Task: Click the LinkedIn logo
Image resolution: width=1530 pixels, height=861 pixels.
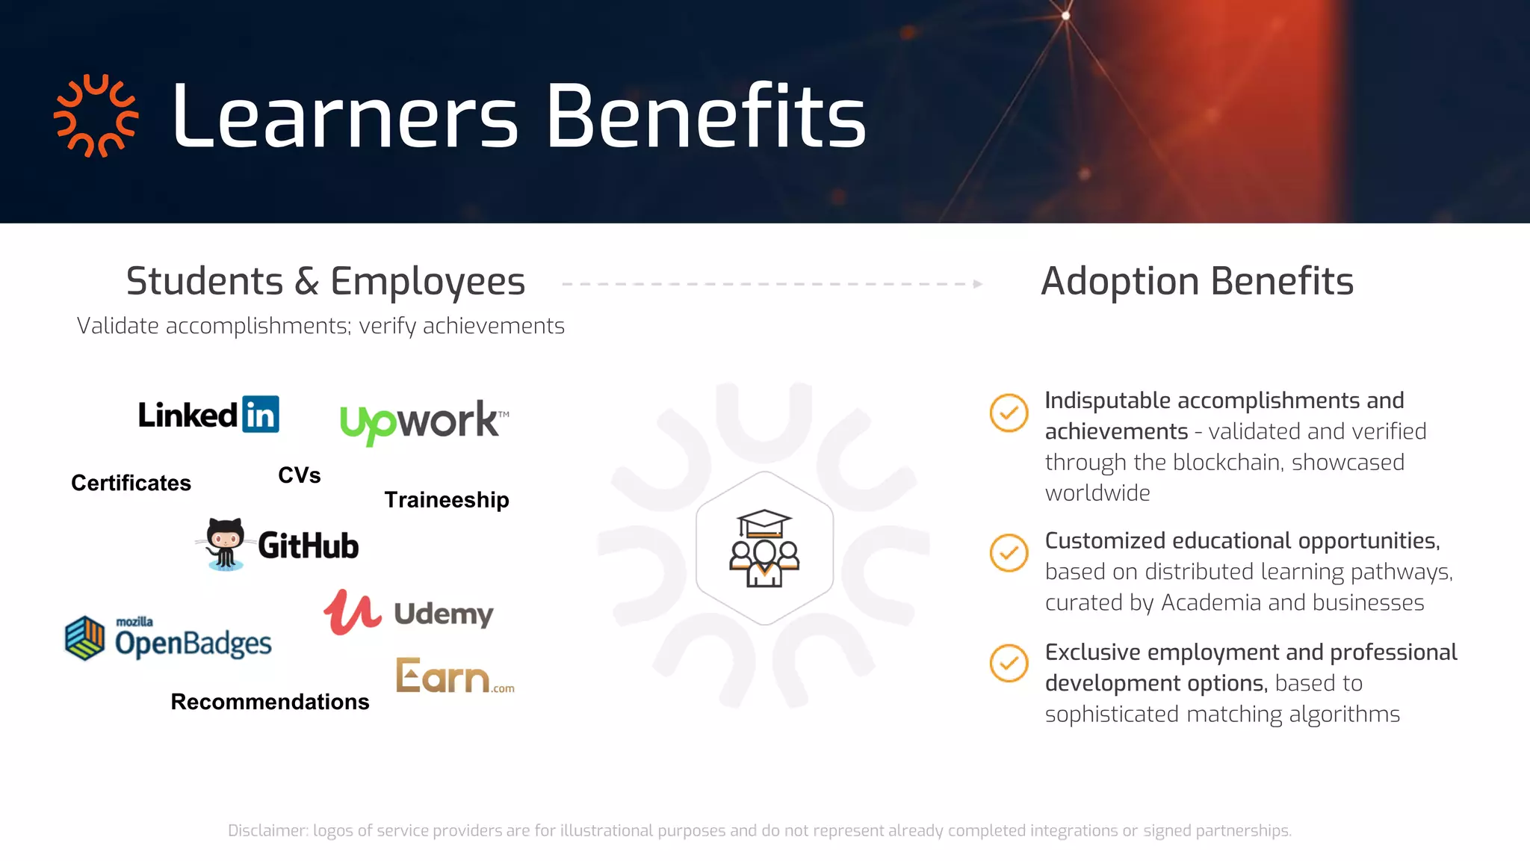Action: point(208,415)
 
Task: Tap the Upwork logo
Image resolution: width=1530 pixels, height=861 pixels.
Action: point(423,421)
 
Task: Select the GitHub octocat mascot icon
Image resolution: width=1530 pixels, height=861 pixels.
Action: point(225,543)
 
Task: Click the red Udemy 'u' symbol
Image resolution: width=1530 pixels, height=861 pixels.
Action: point(351,612)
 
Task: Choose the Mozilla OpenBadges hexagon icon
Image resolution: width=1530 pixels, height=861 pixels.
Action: point(85,638)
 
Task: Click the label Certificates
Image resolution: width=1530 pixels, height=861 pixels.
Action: point(131,483)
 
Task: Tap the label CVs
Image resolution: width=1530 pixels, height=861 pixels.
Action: point(299,475)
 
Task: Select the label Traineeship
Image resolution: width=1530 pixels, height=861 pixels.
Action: point(447,500)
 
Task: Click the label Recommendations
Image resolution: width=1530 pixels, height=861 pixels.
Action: point(270,702)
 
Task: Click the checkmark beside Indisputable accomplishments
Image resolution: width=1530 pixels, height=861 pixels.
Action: point(1009,413)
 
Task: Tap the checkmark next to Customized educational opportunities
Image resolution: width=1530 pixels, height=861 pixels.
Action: point(1009,553)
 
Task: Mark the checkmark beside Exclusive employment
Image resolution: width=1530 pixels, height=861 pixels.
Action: point(1009,663)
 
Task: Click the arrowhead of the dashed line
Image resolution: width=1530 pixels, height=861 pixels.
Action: point(977,284)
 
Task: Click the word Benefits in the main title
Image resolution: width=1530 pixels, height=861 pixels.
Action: point(706,117)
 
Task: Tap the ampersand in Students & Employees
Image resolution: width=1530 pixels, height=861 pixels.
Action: point(306,282)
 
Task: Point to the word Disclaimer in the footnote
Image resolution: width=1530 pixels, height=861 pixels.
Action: point(267,830)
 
